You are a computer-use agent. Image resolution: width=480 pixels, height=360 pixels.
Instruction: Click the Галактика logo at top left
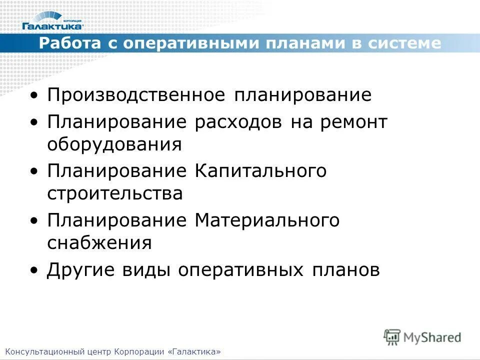[52, 21]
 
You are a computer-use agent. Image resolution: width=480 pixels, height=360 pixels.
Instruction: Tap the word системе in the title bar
[405, 43]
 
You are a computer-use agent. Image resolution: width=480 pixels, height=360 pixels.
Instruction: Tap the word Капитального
[260, 170]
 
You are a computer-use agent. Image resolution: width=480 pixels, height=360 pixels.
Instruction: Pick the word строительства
[115, 193]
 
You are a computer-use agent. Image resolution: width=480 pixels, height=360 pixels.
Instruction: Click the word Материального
[267, 220]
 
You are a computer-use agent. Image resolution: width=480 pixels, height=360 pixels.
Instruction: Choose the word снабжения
[99, 242]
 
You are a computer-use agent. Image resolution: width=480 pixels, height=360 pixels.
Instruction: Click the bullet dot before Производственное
[33, 95]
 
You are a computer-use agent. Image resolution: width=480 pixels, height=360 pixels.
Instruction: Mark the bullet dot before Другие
[33, 270]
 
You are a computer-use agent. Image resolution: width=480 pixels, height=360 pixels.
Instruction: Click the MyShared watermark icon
[392, 336]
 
